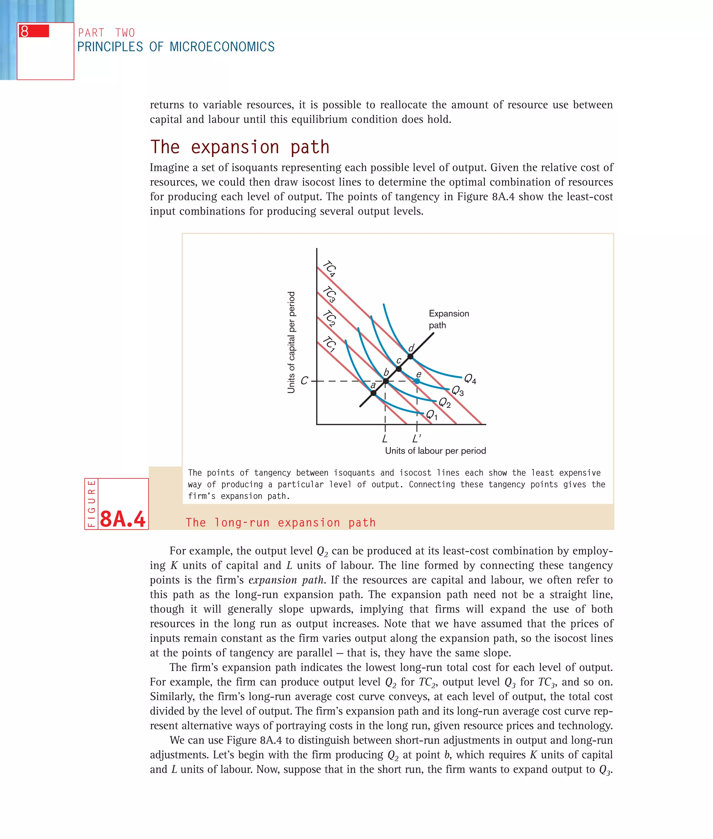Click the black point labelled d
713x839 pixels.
coord(410,356)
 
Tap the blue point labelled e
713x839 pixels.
coord(417,381)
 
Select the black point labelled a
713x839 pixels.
coord(374,393)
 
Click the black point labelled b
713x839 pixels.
coord(386,381)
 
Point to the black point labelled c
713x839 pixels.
coord(399,369)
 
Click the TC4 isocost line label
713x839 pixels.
coord(330,269)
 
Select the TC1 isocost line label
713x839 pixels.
coord(330,344)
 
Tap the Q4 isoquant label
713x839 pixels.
coord(470,379)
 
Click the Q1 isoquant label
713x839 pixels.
coord(431,415)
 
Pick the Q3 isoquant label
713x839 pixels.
coord(457,390)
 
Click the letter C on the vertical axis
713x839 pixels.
coord(304,380)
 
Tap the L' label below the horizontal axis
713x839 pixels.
coord(416,438)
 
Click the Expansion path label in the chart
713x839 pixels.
coord(448,319)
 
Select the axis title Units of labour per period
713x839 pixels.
coord(435,451)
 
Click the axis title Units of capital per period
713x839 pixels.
coord(291,342)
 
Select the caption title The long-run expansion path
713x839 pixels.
coord(281,522)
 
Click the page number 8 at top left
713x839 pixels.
coord(25,31)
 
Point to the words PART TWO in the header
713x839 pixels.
coord(106,33)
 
